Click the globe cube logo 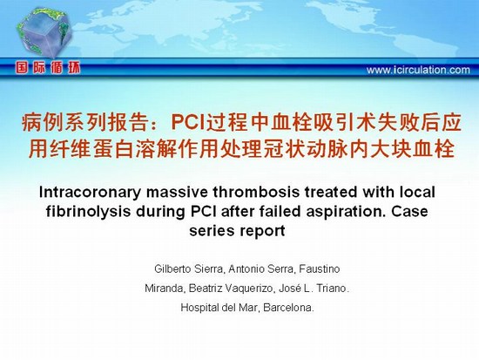click(x=45, y=31)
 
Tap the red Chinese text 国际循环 click(x=48, y=68)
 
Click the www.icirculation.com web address click(x=418, y=70)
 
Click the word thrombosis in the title click(x=256, y=192)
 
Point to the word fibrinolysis click(x=88, y=212)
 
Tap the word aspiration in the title click(x=346, y=212)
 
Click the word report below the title click(x=262, y=232)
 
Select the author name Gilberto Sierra click(x=189, y=269)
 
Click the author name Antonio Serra click(x=261, y=269)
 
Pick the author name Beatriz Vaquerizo click(x=231, y=289)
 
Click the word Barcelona click(x=288, y=308)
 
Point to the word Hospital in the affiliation click(x=199, y=308)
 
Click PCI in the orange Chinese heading click(x=189, y=122)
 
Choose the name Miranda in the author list click(x=165, y=289)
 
